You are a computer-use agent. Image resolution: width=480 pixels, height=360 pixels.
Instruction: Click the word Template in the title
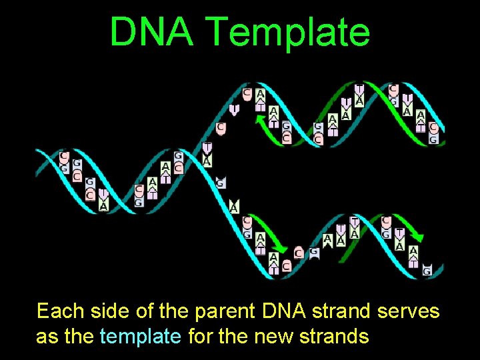pos(288,31)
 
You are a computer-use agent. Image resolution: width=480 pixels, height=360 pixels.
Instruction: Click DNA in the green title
pos(153,31)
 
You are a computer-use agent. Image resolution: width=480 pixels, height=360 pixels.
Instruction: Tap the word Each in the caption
pos(59,311)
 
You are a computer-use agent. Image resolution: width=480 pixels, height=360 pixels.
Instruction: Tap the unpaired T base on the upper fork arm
pos(234,109)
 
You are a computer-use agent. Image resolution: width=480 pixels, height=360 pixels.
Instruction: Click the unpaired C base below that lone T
pos(221,127)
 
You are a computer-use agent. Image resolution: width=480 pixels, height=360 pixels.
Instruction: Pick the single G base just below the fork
pos(221,183)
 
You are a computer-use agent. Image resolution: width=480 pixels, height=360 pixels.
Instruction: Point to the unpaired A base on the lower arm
pos(234,207)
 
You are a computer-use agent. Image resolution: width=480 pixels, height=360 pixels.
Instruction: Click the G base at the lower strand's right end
pos(427,270)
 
